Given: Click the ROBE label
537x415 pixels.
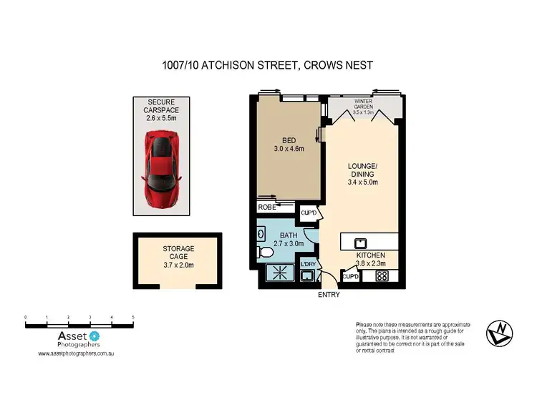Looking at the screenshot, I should (266, 208).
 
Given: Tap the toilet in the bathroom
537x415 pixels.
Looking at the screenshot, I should (264, 252).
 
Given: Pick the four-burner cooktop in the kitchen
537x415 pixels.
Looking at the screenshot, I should (382, 275).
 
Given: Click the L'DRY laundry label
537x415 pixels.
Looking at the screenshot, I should (309, 265).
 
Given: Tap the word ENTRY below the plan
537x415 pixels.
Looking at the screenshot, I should (329, 294).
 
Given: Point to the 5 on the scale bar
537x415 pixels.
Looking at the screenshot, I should (133, 316).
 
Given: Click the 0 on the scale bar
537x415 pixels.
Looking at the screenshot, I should (26, 316).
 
